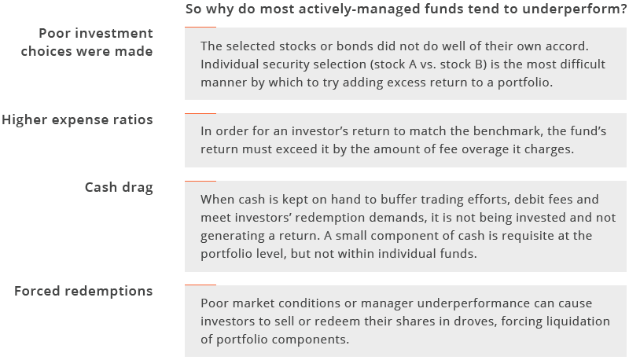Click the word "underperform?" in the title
click(574, 9)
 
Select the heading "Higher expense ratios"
click(77, 119)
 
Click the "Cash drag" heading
click(119, 187)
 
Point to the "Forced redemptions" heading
click(83, 291)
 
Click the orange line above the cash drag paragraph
click(200, 182)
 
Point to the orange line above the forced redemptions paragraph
click(200, 285)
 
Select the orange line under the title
click(200, 28)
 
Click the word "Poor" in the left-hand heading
click(56, 33)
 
